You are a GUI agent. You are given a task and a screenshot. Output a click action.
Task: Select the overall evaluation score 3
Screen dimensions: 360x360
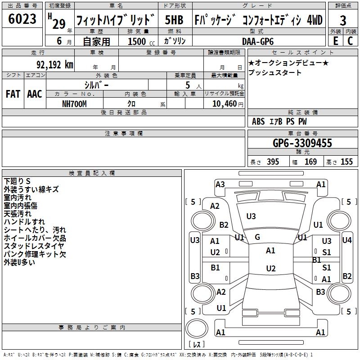tap(343, 21)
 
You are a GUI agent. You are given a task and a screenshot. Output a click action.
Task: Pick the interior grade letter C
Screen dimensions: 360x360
tap(350, 40)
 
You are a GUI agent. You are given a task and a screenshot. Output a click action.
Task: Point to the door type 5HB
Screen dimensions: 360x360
tap(174, 20)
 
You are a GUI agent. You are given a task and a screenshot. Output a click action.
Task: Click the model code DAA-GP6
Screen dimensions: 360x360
tap(255, 41)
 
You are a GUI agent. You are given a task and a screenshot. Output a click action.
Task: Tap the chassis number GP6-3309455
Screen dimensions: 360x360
tap(302, 143)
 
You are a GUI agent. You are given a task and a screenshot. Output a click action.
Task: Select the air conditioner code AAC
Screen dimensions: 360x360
tap(34, 94)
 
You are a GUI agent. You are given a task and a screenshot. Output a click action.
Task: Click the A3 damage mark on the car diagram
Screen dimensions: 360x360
tap(220, 184)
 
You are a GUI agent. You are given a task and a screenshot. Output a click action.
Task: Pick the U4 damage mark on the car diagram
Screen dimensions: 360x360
tap(346, 240)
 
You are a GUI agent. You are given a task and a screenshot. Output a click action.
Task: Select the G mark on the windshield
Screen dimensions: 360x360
tap(257, 237)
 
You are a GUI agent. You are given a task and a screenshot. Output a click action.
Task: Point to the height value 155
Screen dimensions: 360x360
tap(346, 162)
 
